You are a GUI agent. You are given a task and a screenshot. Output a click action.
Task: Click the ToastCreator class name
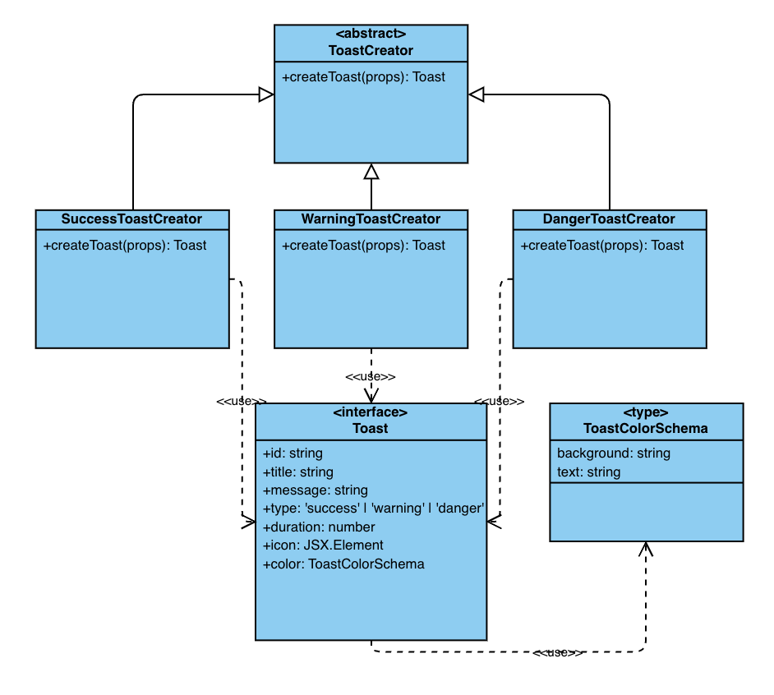coord(371,50)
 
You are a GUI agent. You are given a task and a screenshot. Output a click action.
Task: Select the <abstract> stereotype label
coord(371,34)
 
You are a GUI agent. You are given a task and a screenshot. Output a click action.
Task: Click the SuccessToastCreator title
coord(131,219)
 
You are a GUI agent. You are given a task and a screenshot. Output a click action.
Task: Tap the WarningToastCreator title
coord(371,219)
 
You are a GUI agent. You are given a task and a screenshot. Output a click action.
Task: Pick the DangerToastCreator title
coord(609,219)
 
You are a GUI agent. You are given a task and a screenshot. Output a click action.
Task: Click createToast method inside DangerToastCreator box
coord(602,245)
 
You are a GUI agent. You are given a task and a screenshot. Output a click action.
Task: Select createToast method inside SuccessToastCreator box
coord(125,245)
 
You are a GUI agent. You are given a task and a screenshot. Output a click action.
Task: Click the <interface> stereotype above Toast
coord(371,412)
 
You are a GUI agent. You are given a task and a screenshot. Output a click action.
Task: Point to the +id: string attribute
coord(293,453)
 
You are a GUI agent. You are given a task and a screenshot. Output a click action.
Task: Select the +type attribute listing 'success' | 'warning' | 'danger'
coord(373,509)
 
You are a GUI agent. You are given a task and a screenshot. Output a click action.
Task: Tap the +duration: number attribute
coord(319,527)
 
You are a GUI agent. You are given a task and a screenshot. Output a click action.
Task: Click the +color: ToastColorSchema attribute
coord(343,564)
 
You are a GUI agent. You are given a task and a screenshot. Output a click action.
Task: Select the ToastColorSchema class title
coord(646,428)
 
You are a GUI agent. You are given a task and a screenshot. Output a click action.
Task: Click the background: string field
coord(613,453)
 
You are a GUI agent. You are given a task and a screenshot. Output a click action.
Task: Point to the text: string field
coord(588,472)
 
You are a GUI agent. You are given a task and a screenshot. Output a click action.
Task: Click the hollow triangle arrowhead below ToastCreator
coord(371,171)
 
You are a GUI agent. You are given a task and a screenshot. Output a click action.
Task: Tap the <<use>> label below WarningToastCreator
coord(371,376)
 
